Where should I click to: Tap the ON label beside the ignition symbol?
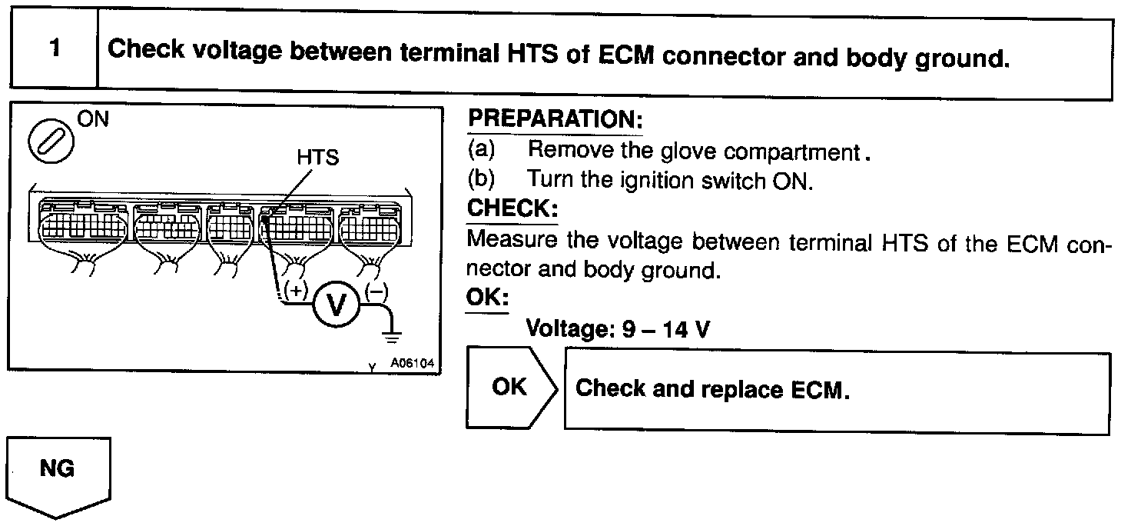(x=94, y=119)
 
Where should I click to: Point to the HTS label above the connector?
(x=317, y=158)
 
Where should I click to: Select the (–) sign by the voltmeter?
(x=377, y=291)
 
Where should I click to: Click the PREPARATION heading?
(x=554, y=120)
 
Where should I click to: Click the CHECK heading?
(x=512, y=208)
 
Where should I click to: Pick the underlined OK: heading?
(x=486, y=298)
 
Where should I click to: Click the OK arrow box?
(x=510, y=387)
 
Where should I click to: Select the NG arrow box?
(x=58, y=471)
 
